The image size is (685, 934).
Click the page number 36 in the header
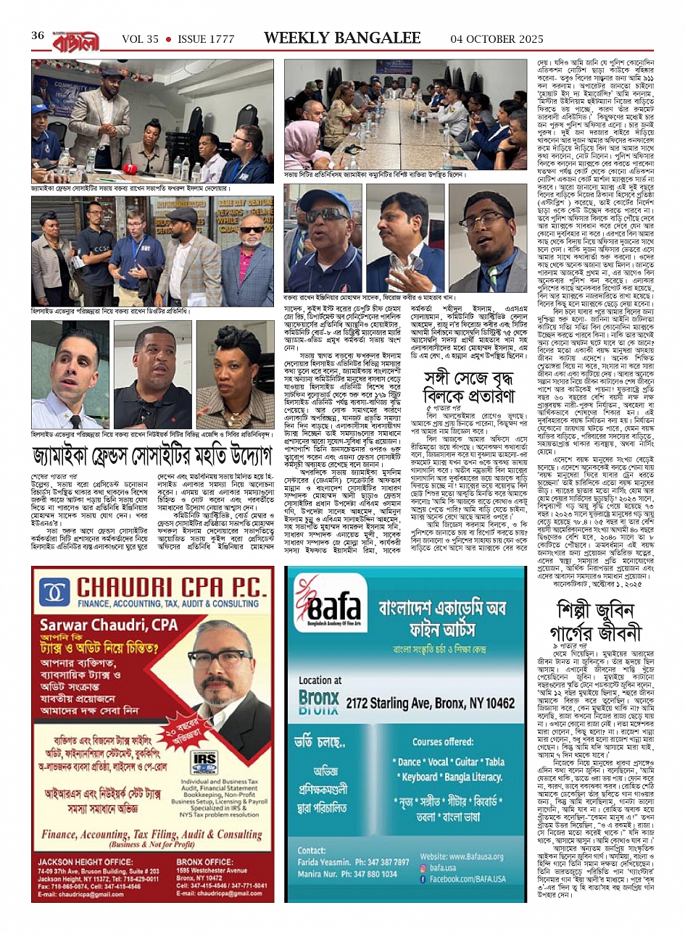(38, 36)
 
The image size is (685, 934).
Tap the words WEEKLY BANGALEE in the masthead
(342, 38)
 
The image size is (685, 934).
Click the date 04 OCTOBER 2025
(496, 38)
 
